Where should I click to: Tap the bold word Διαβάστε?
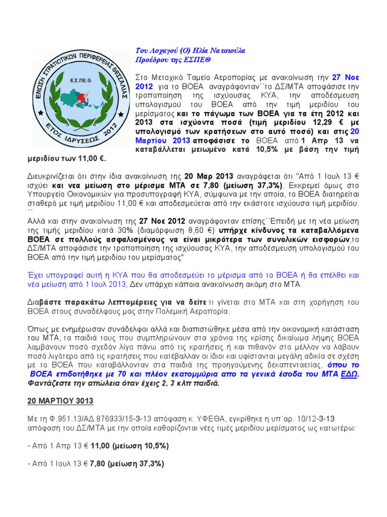tap(43, 302)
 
